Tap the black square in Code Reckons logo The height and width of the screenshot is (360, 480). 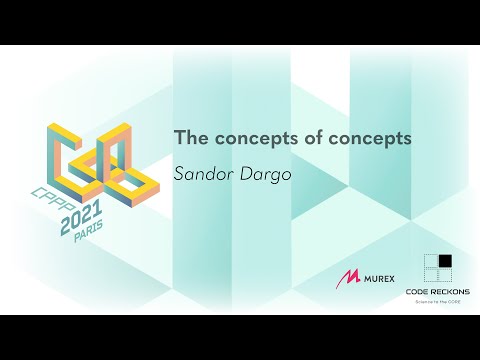444,262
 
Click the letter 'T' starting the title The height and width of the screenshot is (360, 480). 180,138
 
